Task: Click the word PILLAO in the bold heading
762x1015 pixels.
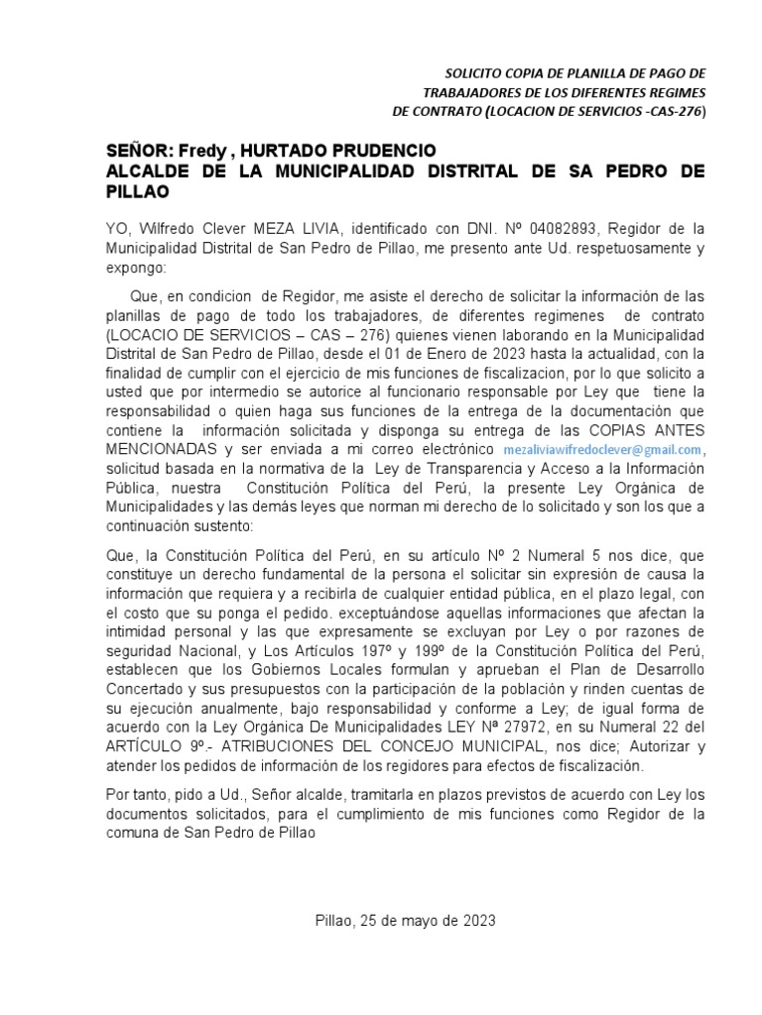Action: point(132,192)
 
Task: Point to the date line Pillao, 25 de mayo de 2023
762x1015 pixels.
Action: point(404,920)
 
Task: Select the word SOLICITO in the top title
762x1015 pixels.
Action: point(476,74)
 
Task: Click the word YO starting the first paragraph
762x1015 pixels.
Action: point(117,227)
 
